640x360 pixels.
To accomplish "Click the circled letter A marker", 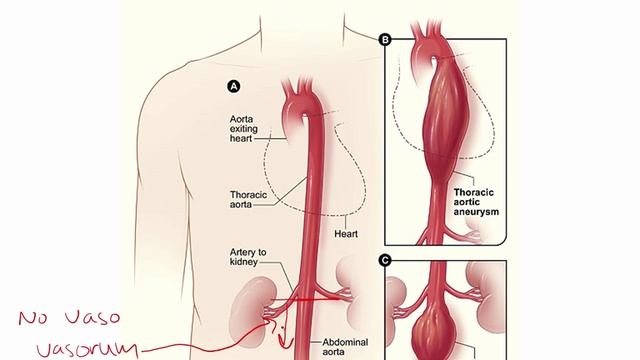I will click(234, 87).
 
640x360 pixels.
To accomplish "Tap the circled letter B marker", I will click(385, 40).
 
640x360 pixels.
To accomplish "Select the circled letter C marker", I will click(385, 260).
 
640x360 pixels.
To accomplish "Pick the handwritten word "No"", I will click(33, 319).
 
